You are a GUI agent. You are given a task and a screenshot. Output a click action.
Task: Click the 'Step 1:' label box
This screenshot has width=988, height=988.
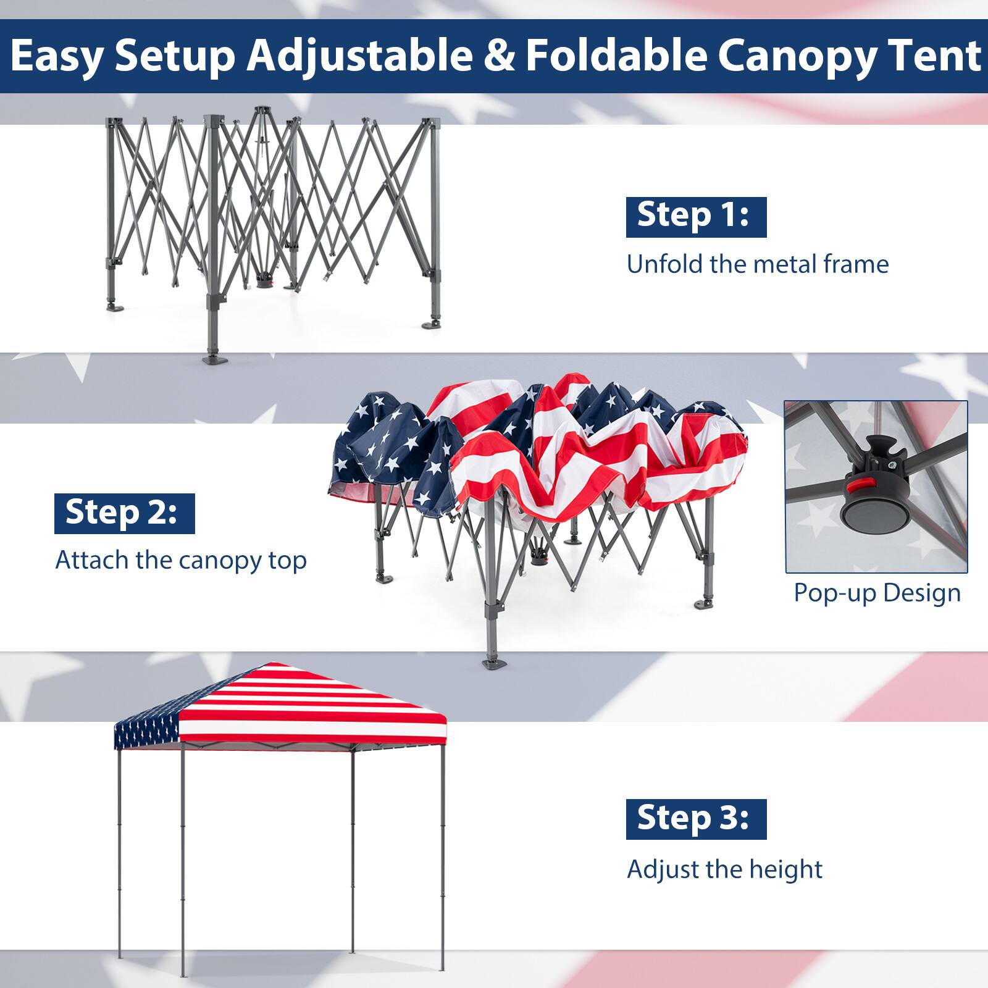(x=696, y=217)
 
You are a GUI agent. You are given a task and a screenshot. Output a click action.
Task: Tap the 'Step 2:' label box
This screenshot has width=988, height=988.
(x=124, y=513)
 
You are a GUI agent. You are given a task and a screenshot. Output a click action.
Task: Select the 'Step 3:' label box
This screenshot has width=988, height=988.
(x=696, y=819)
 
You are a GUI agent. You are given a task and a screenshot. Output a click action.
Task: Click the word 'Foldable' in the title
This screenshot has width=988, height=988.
(x=616, y=56)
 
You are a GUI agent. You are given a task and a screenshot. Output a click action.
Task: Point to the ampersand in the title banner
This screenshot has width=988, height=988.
(x=498, y=56)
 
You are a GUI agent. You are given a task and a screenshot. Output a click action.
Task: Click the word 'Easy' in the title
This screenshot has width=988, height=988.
(x=56, y=56)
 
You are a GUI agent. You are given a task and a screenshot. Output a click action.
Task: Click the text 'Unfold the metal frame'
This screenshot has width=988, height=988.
(x=757, y=264)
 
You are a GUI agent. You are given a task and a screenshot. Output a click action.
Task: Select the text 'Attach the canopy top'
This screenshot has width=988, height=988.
(x=181, y=561)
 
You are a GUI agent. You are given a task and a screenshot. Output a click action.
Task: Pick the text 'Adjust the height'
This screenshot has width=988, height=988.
(x=724, y=869)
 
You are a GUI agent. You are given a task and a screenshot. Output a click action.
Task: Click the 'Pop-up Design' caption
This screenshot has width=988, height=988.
(x=877, y=593)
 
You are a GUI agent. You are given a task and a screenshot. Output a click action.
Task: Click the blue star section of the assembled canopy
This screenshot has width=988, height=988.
(x=146, y=732)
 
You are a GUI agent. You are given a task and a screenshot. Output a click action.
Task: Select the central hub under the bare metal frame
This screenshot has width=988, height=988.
(x=265, y=281)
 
